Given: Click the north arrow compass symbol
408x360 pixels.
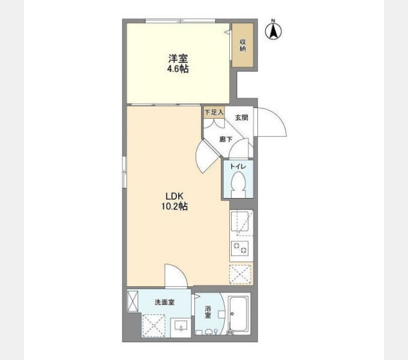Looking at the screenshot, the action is click(x=273, y=31).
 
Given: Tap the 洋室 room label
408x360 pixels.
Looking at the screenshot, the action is click(x=178, y=59).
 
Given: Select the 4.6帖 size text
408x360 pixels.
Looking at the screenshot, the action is click(x=178, y=69).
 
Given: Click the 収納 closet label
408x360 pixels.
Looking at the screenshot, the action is click(x=243, y=45).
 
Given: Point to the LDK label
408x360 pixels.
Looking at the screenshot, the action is click(x=175, y=196).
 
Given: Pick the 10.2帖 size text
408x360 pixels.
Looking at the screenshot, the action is click(x=175, y=206).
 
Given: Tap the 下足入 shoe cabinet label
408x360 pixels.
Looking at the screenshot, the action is click(x=214, y=112).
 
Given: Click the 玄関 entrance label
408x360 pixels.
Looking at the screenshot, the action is click(x=241, y=118).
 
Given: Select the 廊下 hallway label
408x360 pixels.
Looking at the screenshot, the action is click(x=226, y=139).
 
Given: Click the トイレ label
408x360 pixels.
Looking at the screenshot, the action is click(x=238, y=166).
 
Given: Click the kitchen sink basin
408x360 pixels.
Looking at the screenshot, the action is click(x=239, y=221).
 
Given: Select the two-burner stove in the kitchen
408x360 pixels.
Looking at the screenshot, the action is click(x=239, y=248).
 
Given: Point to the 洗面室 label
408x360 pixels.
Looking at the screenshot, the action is click(x=164, y=302).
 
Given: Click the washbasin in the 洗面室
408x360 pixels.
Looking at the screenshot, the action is click(x=181, y=325).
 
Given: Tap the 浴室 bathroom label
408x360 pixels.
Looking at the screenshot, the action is click(x=208, y=312).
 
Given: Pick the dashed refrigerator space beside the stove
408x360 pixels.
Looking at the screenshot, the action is click(x=241, y=274).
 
